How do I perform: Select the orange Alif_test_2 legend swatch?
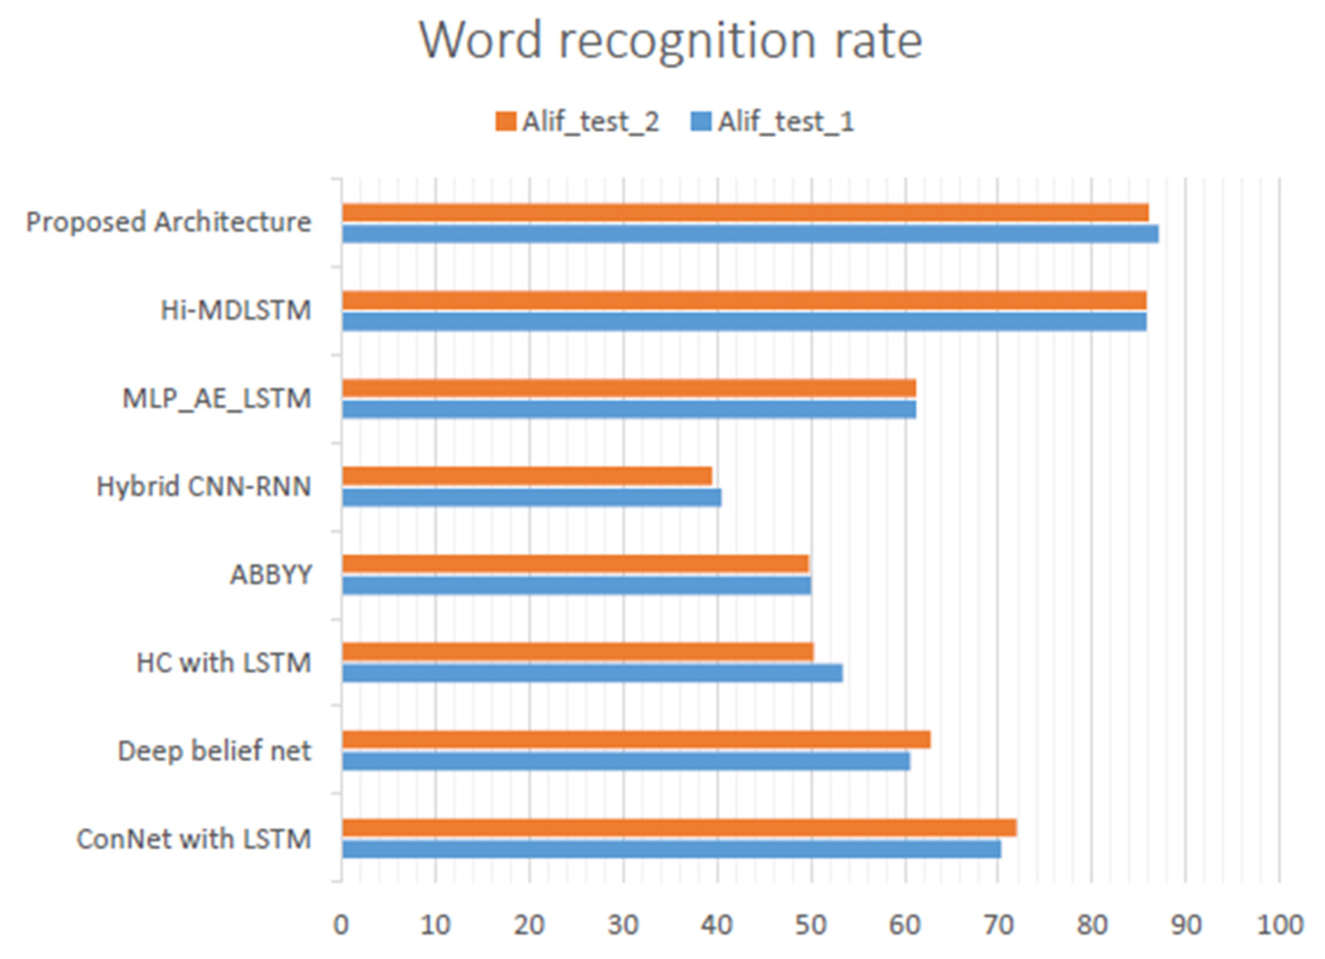click(x=505, y=122)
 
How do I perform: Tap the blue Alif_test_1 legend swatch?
click(x=701, y=122)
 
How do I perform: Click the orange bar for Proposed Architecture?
click(x=745, y=213)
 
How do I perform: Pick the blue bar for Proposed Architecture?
click(x=750, y=234)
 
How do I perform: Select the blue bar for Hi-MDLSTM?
click(x=744, y=322)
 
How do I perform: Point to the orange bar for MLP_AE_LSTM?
click(x=629, y=388)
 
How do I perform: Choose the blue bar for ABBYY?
click(x=576, y=585)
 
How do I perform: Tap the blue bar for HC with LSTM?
click(x=592, y=673)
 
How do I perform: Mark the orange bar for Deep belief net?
click(x=636, y=740)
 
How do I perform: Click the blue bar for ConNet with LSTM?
click(x=671, y=849)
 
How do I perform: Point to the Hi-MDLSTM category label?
click(x=236, y=310)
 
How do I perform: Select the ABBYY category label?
click(x=271, y=575)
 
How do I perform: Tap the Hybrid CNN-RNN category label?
click(x=204, y=487)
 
